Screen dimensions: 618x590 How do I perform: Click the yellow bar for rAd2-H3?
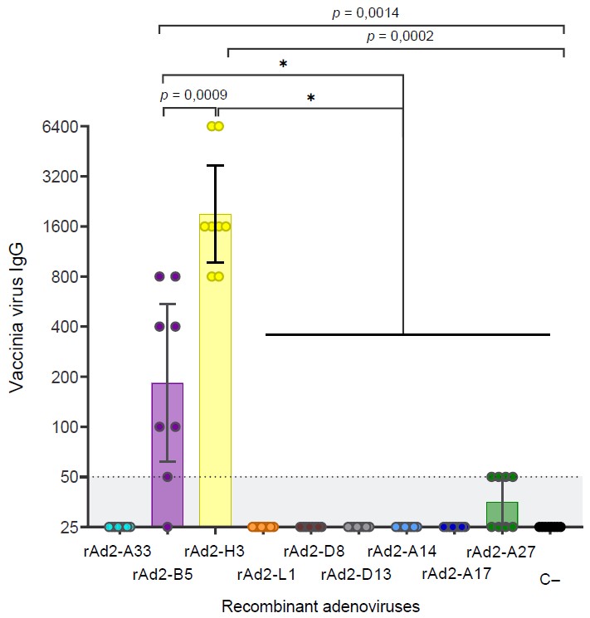215,373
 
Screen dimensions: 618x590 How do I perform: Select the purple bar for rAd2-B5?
167,456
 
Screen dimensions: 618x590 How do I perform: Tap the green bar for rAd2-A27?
502,515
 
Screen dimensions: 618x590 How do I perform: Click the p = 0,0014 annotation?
362,12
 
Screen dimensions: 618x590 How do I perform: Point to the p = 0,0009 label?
193,95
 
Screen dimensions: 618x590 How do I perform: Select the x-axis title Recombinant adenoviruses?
320,606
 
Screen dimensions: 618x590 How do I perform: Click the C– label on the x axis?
549,581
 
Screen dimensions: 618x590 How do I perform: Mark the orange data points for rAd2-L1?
263,527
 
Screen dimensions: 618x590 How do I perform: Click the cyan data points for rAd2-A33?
119,527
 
